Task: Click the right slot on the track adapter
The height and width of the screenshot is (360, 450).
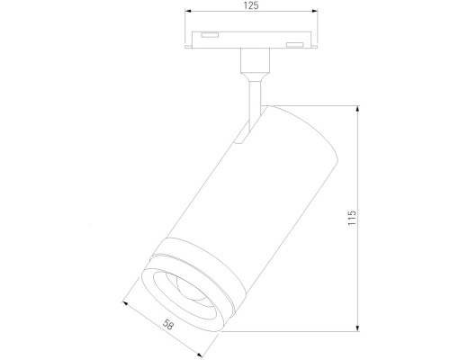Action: click(293, 44)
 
